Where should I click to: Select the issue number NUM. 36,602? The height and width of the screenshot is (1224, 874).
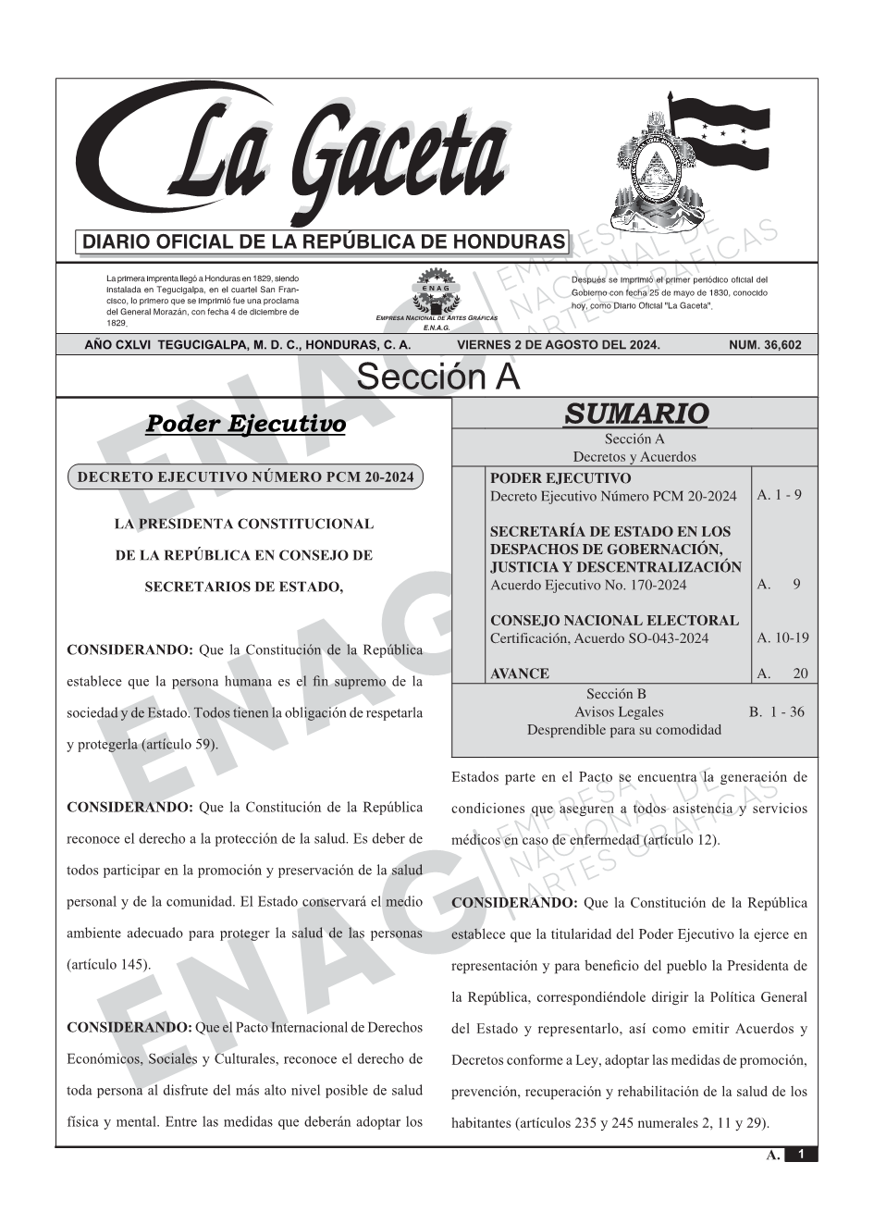pos(765,345)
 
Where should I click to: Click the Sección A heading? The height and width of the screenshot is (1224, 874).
pos(437,377)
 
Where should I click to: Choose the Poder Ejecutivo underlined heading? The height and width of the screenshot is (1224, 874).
pos(246,425)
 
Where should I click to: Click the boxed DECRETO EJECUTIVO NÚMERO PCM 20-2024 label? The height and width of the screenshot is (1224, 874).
pos(246,477)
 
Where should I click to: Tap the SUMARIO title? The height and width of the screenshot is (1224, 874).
pos(635,414)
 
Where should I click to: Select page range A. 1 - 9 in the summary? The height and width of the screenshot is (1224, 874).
pos(779,495)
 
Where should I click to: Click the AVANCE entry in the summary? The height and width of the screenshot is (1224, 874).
pos(520,674)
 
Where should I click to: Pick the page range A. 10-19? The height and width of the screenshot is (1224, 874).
pos(782,637)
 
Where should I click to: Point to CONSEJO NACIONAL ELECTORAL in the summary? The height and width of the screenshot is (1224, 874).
pos(614,620)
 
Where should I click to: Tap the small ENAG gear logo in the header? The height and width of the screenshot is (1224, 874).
pos(436,289)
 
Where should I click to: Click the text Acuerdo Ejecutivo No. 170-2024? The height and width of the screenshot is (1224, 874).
pos(588,585)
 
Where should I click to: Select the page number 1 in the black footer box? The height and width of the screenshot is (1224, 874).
pos(801,1155)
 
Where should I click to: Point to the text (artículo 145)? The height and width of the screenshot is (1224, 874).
pos(108,964)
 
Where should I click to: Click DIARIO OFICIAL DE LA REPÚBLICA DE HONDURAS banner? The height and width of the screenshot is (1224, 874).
pos(325,242)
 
